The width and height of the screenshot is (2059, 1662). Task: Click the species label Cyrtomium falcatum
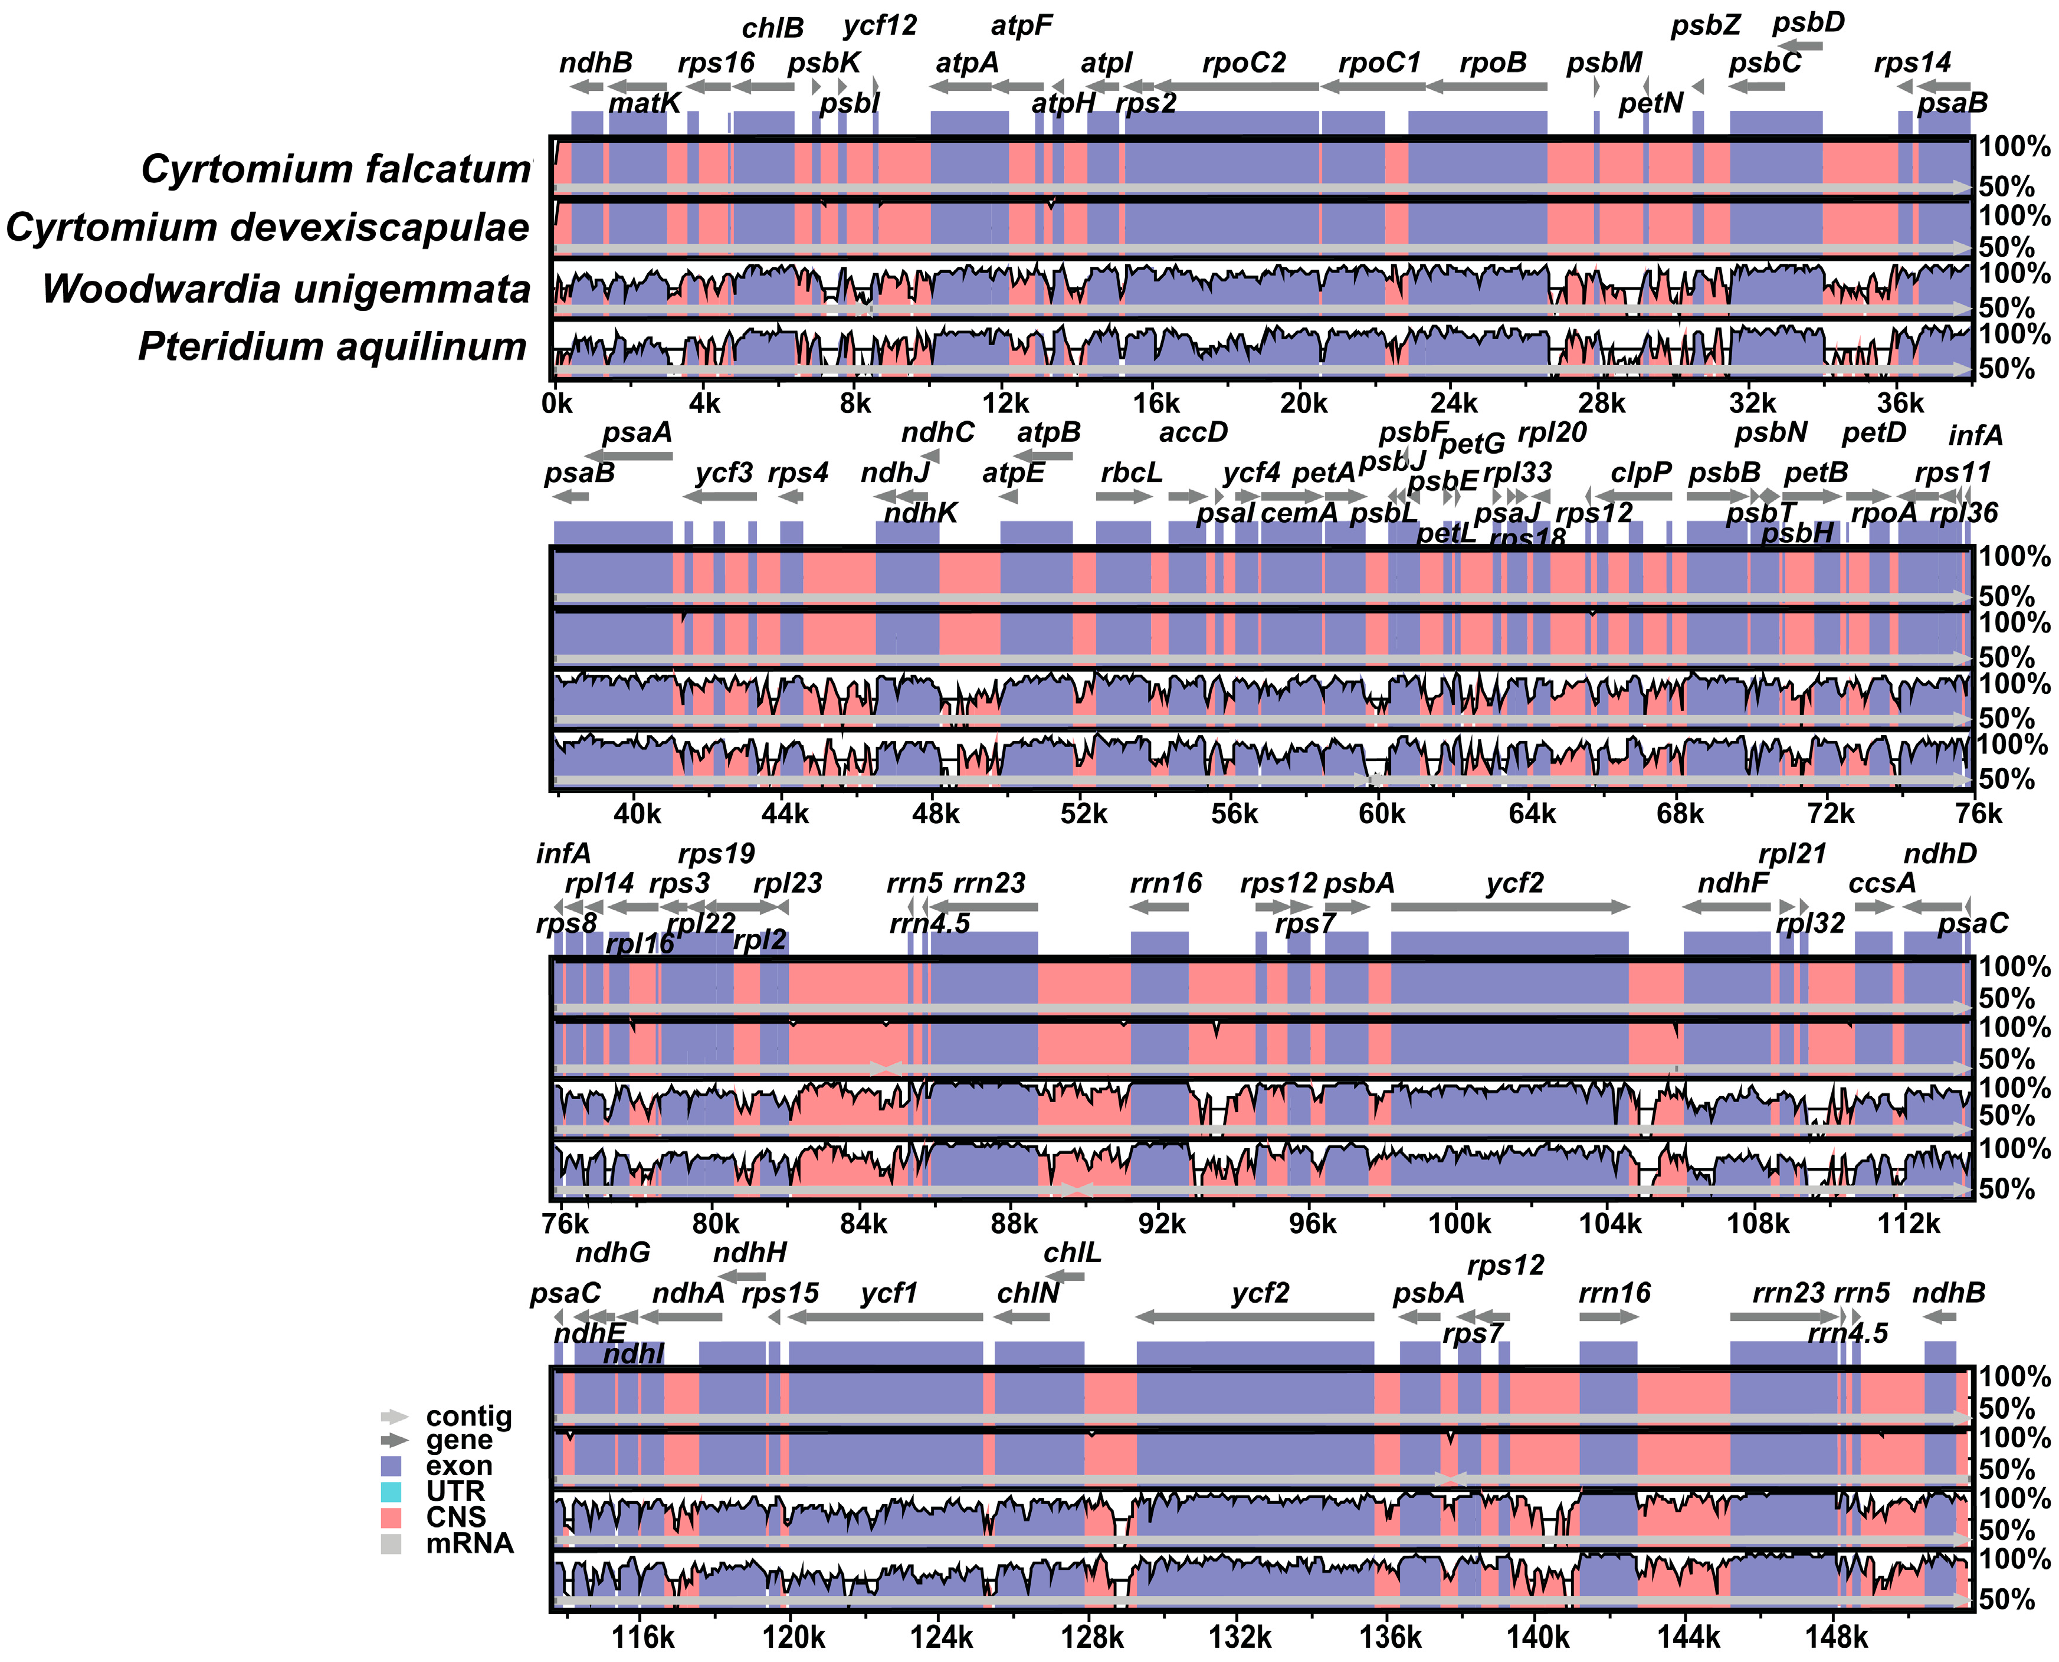pyautogui.click(x=335, y=169)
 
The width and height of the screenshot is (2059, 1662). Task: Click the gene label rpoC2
pyautogui.click(x=1244, y=63)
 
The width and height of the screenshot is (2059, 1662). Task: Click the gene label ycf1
pyautogui.click(x=888, y=1293)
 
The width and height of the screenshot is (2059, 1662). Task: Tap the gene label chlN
pyautogui.click(x=1028, y=1293)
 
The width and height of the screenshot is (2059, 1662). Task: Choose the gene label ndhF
pyautogui.click(x=1733, y=883)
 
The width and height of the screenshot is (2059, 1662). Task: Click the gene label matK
pyautogui.click(x=644, y=103)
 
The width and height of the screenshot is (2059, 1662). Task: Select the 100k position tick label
pyautogui.click(x=1459, y=1224)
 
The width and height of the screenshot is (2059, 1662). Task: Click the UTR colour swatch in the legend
pyautogui.click(x=391, y=1491)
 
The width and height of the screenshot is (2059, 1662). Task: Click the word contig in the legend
pyautogui.click(x=469, y=1416)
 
